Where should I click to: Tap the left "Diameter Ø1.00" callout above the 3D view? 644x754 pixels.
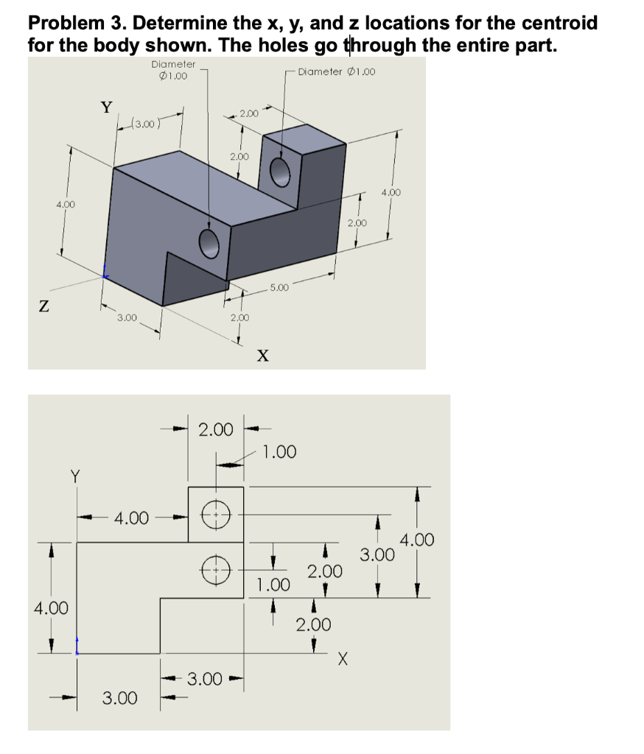(x=172, y=69)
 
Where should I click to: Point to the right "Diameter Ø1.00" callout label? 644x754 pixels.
(x=337, y=71)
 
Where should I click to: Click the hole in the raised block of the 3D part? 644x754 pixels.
(x=280, y=173)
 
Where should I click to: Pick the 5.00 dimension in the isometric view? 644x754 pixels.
(x=279, y=287)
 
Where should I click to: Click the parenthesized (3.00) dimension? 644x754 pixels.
(x=142, y=123)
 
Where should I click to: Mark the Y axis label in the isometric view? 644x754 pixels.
(x=107, y=108)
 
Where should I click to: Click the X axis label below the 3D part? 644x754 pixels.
(x=262, y=356)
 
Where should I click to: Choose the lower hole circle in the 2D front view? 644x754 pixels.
(x=216, y=568)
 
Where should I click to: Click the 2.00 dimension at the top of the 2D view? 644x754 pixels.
(x=216, y=429)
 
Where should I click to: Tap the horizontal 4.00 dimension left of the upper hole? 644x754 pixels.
(x=133, y=518)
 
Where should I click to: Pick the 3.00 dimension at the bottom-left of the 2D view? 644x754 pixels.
(x=119, y=697)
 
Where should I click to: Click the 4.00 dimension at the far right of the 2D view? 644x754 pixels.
(x=417, y=540)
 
